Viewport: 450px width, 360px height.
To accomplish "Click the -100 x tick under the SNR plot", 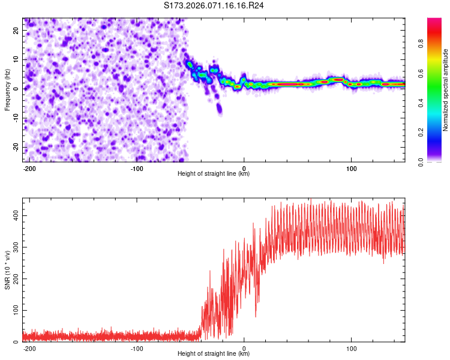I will [136, 349].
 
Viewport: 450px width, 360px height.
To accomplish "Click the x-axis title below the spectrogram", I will [214, 174].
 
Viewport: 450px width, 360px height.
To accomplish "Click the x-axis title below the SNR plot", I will [214, 354].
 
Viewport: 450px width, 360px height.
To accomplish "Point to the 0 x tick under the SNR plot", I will [244, 349].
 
